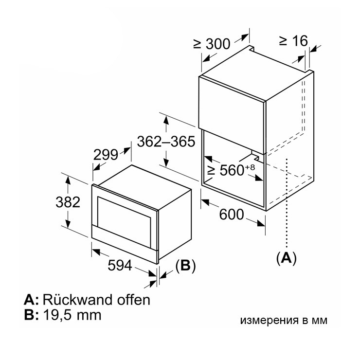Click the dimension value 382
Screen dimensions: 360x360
tap(68, 202)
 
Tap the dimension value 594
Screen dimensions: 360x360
tap(120, 266)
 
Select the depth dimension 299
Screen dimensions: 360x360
tap(106, 155)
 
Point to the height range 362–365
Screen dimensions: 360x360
tap(166, 142)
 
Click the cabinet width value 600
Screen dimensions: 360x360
tap(232, 215)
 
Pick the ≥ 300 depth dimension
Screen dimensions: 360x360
tap(212, 44)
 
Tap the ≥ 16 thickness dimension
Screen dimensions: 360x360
tap(293, 41)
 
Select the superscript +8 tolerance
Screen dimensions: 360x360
tap(250, 167)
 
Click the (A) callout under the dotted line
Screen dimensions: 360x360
tap(287, 258)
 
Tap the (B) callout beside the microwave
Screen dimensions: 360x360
tap(185, 266)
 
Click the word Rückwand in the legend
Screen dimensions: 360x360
tap(77, 300)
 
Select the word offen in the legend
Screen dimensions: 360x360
tap(134, 300)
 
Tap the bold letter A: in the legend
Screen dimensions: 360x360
tap(32, 300)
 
